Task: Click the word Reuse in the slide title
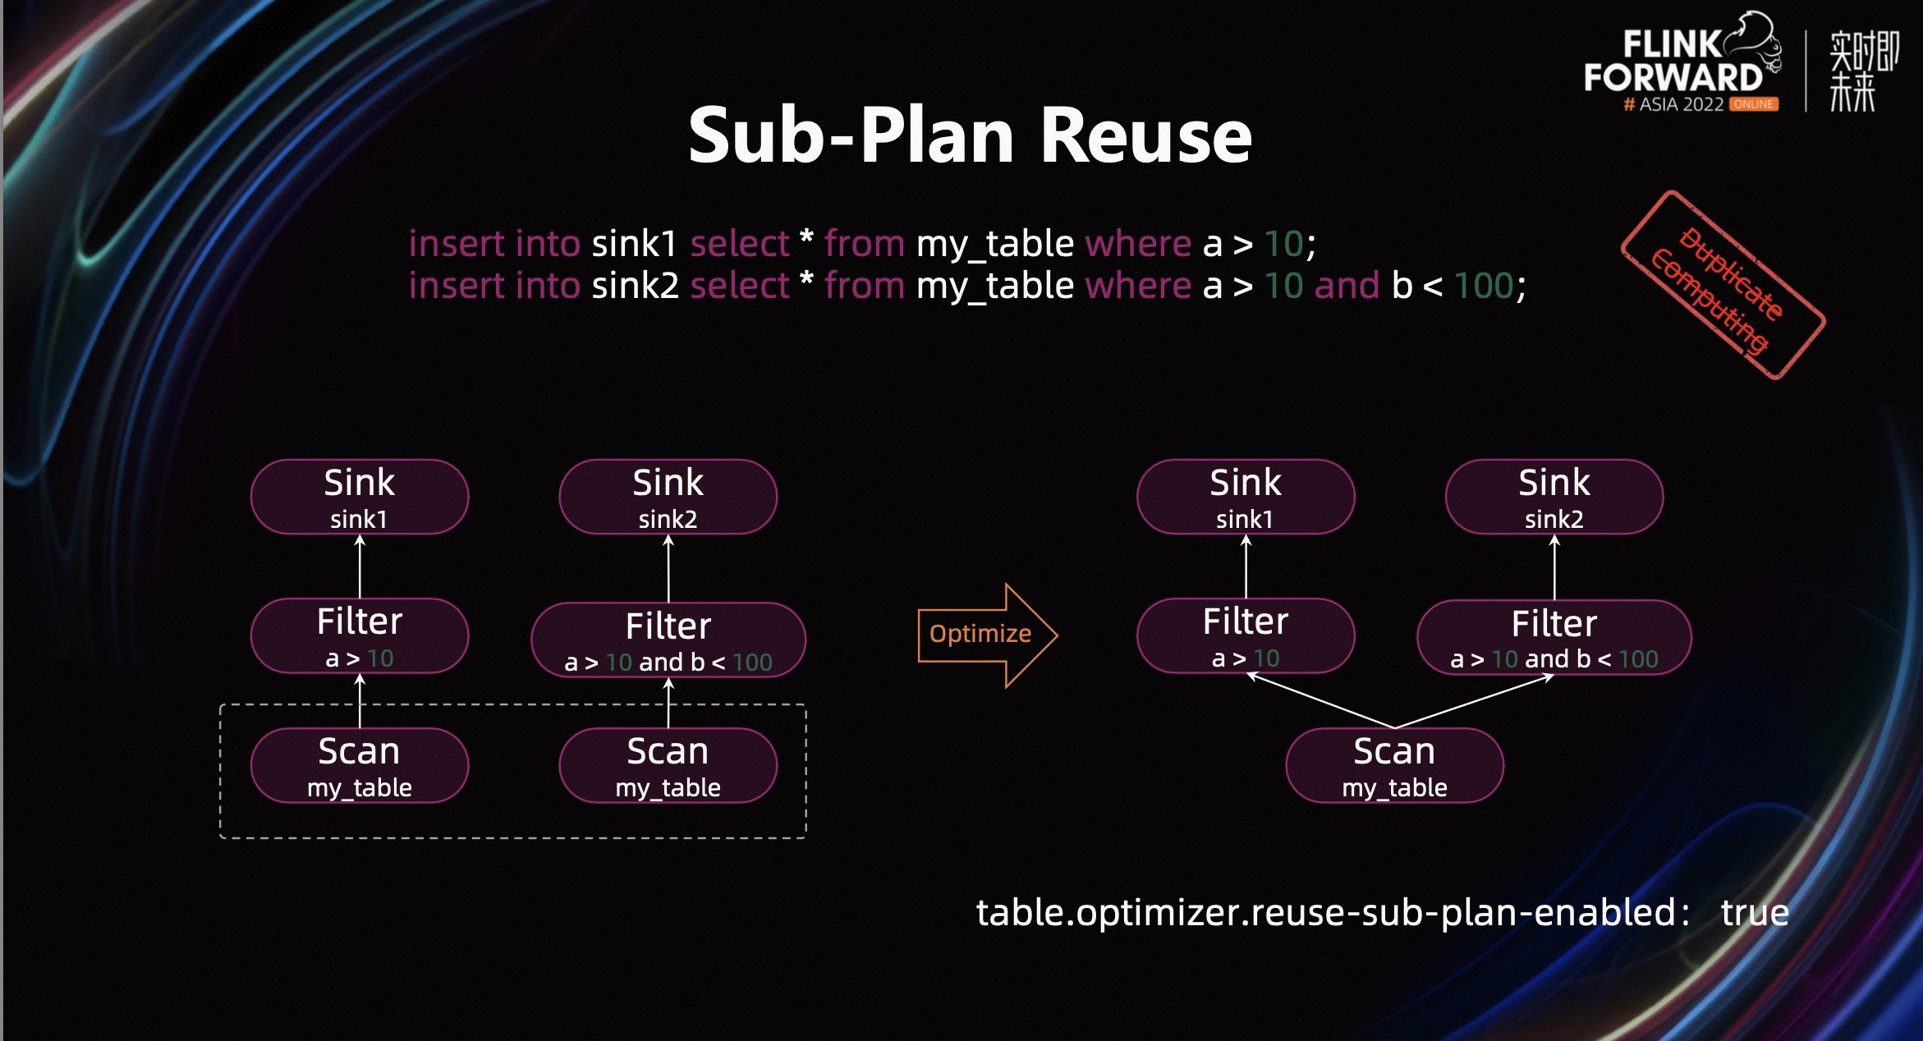pos(1145,136)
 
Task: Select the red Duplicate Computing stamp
pos(1723,285)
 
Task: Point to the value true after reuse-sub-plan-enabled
pos(1755,913)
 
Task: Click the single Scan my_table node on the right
pos(1394,765)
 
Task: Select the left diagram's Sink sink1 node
pos(360,497)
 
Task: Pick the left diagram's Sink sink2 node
pos(668,497)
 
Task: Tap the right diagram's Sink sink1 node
pos(1246,497)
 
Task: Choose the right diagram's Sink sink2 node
pos(1554,497)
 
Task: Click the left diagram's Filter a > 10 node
pos(360,636)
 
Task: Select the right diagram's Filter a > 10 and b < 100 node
pos(1554,638)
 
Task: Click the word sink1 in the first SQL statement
pos(634,244)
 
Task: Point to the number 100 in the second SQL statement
pos(1484,286)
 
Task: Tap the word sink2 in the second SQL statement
pos(635,286)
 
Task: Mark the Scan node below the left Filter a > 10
pos(360,765)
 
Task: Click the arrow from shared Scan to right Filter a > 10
pos(1320,700)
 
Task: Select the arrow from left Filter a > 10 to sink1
pos(360,566)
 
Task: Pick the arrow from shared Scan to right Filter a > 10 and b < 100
pos(1474,701)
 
